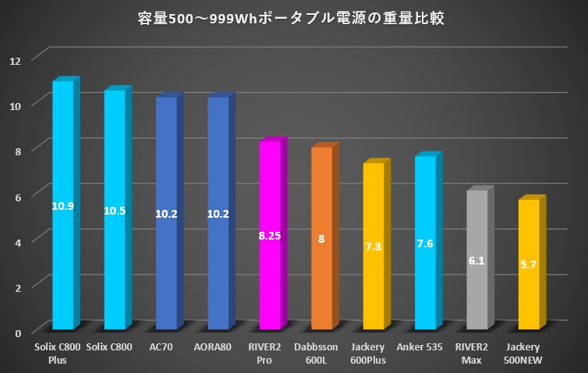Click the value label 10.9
click(x=62, y=206)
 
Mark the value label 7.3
click(x=374, y=247)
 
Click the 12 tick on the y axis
click(x=16, y=59)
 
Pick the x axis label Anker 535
click(x=425, y=346)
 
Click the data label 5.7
click(x=529, y=265)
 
